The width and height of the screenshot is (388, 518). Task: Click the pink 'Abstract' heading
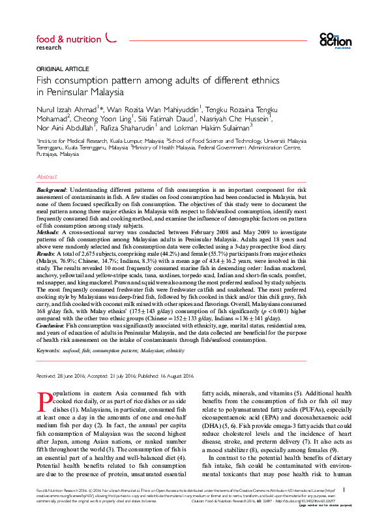[x=47, y=177]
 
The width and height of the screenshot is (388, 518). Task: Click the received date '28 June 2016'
[x=72, y=376]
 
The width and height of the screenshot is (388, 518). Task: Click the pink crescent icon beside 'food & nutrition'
[x=110, y=38]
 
